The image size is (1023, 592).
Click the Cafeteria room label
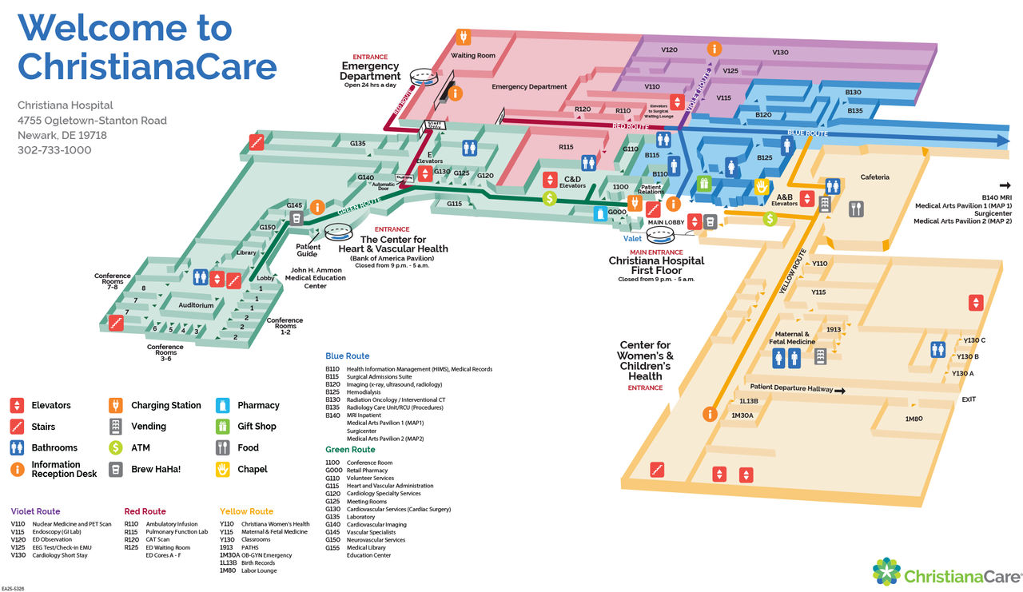tap(875, 177)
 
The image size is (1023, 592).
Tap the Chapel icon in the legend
tap(223, 469)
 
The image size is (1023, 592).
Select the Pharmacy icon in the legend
tap(223, 405)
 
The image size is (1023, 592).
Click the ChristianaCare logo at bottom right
tap(947, 574)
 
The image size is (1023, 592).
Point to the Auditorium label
tap(196, 305)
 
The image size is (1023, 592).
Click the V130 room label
tap(780, 53)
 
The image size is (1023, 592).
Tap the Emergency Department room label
tap(529, 87)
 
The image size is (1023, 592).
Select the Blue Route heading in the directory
tap(347, 356)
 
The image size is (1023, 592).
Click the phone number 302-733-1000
tap(54, 150)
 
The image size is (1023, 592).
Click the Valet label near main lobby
tap(633, 238)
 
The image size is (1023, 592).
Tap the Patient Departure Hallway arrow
tap(840, 390)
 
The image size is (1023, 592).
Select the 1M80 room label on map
tap(914, 419)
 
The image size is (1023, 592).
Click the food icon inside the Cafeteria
tap(856, 209)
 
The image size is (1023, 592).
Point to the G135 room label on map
tap(357, 144)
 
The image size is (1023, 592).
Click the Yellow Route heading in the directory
tap(246, 511)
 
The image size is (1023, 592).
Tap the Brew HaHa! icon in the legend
tap(116, 469)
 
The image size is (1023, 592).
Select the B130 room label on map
tap(853, 93)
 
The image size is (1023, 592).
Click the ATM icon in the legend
tap(116, 447)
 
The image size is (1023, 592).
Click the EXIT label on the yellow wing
tap(969, 399)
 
